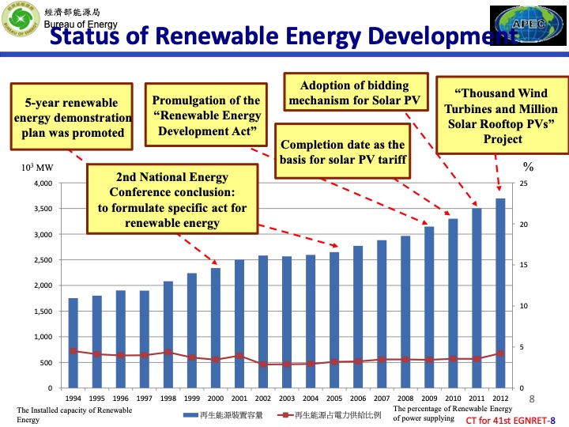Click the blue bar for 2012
coord(500,293)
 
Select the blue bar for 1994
coord(73,343)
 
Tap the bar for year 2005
coord(334,320)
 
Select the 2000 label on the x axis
coord(215,399)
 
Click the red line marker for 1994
coord(73,351)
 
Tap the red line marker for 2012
coord(500,353)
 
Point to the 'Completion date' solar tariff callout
coord(342,153)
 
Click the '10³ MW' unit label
coord(37,168)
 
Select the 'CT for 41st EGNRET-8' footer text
coord(511,419)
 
